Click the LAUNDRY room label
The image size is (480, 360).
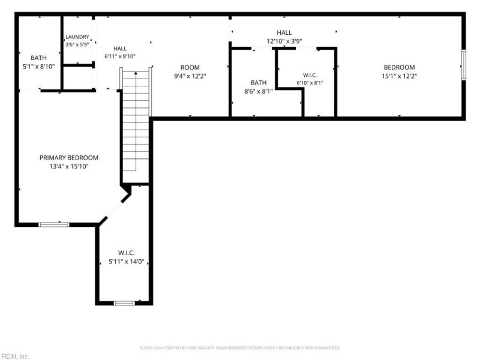77,37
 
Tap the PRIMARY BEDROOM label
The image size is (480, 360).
69,158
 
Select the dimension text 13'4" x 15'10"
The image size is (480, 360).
69,167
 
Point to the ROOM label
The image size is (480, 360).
190,67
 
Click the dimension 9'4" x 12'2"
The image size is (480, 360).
190,76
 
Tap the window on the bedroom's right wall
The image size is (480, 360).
463,65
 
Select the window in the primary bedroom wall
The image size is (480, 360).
54,224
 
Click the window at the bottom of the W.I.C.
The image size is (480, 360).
124,303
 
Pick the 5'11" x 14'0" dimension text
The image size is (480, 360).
127,262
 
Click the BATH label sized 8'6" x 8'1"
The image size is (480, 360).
259,83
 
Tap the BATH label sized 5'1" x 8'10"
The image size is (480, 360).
38,58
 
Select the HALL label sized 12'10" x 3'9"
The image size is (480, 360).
284,32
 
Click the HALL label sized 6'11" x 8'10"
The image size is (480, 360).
120,49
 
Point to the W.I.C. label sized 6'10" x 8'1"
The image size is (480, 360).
310,76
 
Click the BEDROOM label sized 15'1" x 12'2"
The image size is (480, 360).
399,67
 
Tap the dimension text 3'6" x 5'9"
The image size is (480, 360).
77,44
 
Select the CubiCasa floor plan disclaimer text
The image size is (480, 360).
240,348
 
